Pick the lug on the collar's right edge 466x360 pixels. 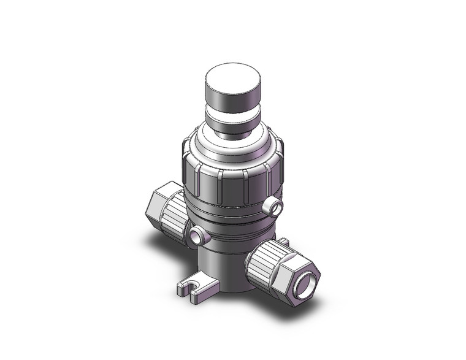(x=283, y=148)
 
